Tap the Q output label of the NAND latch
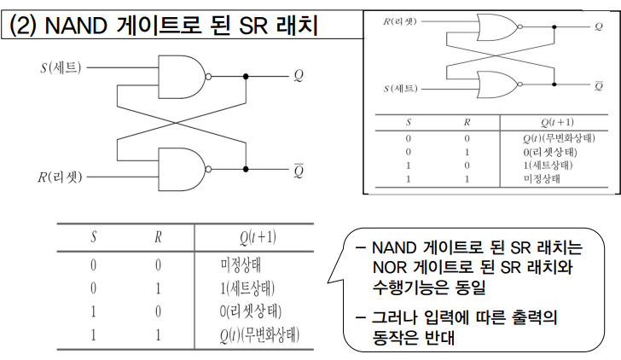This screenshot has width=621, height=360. point(299,75)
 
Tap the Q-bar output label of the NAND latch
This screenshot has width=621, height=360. point(299,168)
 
